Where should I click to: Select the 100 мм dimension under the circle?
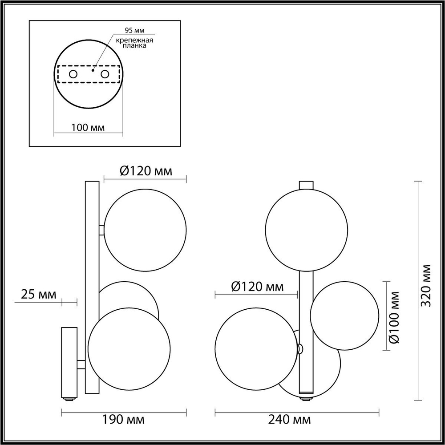[88, 128]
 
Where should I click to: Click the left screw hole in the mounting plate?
[73, 74]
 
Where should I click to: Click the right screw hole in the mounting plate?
[105, 74]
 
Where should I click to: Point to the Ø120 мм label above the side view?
[146, 171]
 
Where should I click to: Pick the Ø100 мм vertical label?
[393, 317]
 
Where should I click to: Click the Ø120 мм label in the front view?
[258, 287]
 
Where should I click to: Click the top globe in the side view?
[145, 230]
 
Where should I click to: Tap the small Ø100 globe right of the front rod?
[344, 315]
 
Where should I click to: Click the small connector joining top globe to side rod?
[102, 230]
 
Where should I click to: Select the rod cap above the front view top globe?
[306, 184]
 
